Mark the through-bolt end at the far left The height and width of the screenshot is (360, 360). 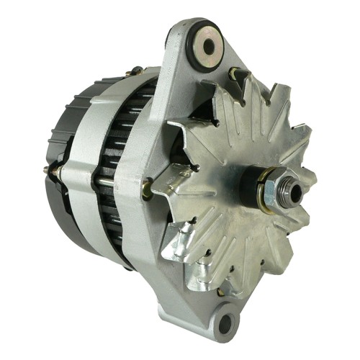point(48,171)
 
